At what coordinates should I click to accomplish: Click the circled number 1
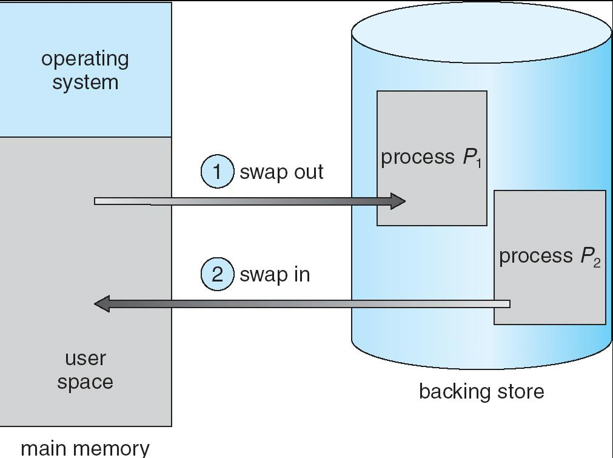tap(217, 172)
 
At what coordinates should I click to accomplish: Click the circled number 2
tap(217, 274)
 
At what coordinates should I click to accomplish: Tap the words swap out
tap(281, 172)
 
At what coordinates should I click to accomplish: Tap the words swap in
tap(275, 274)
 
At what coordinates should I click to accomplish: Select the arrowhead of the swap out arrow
tap(398, 201)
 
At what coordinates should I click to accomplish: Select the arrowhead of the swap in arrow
tap(102, 303)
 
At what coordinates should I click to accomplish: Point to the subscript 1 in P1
tap(478, 163)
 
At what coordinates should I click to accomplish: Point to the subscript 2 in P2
tap(597, 262)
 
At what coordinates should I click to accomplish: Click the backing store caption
tap(481, 391)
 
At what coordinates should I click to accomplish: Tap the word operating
tap(85, 59)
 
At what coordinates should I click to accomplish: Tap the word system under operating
tap(85, 82)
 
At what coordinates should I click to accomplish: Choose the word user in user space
tap(85, 358)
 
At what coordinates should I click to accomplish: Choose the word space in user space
tap(85, 382)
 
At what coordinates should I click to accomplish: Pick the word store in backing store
tap(519, 391)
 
